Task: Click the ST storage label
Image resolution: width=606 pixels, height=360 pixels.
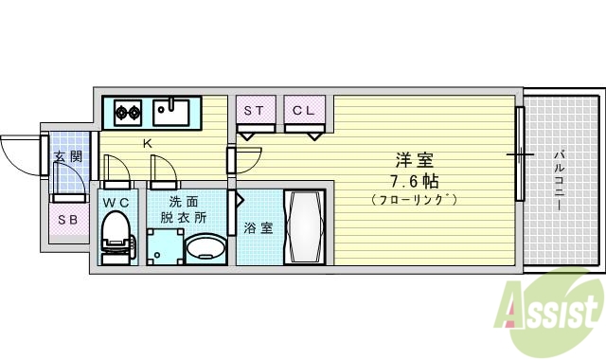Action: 254,110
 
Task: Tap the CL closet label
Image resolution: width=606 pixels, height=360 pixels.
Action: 303,110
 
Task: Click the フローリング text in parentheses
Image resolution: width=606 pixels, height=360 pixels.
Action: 414,200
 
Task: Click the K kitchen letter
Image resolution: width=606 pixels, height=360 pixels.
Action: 147,143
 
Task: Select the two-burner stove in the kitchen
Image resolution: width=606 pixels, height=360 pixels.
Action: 129,115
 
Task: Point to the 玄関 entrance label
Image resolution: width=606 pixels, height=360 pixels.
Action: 66,157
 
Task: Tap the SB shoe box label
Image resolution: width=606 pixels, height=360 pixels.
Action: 66,221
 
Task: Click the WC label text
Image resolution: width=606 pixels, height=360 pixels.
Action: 116,201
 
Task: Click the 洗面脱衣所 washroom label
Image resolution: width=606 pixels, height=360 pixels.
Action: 184,208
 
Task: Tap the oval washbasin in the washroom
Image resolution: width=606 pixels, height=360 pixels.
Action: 205,249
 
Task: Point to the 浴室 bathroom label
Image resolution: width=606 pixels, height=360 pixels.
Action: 256,227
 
